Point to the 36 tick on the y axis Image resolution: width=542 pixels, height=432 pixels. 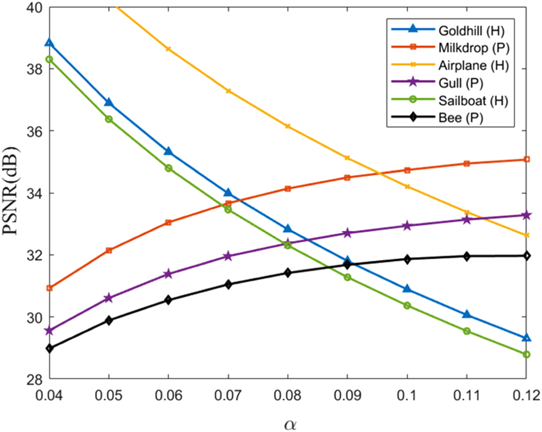36,131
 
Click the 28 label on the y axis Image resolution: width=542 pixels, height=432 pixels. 36,379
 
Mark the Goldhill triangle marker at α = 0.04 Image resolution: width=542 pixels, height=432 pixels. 49,43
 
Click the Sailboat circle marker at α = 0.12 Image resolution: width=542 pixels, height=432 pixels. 526,354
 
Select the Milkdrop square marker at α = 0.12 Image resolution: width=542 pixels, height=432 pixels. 526,159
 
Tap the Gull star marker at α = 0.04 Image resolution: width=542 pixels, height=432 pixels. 49,331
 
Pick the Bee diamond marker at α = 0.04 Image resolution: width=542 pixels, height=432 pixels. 49,349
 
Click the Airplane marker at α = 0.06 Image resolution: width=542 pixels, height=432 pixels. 168,49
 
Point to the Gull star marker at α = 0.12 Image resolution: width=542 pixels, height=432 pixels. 526,215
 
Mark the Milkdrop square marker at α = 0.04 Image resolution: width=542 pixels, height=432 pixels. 49,288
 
